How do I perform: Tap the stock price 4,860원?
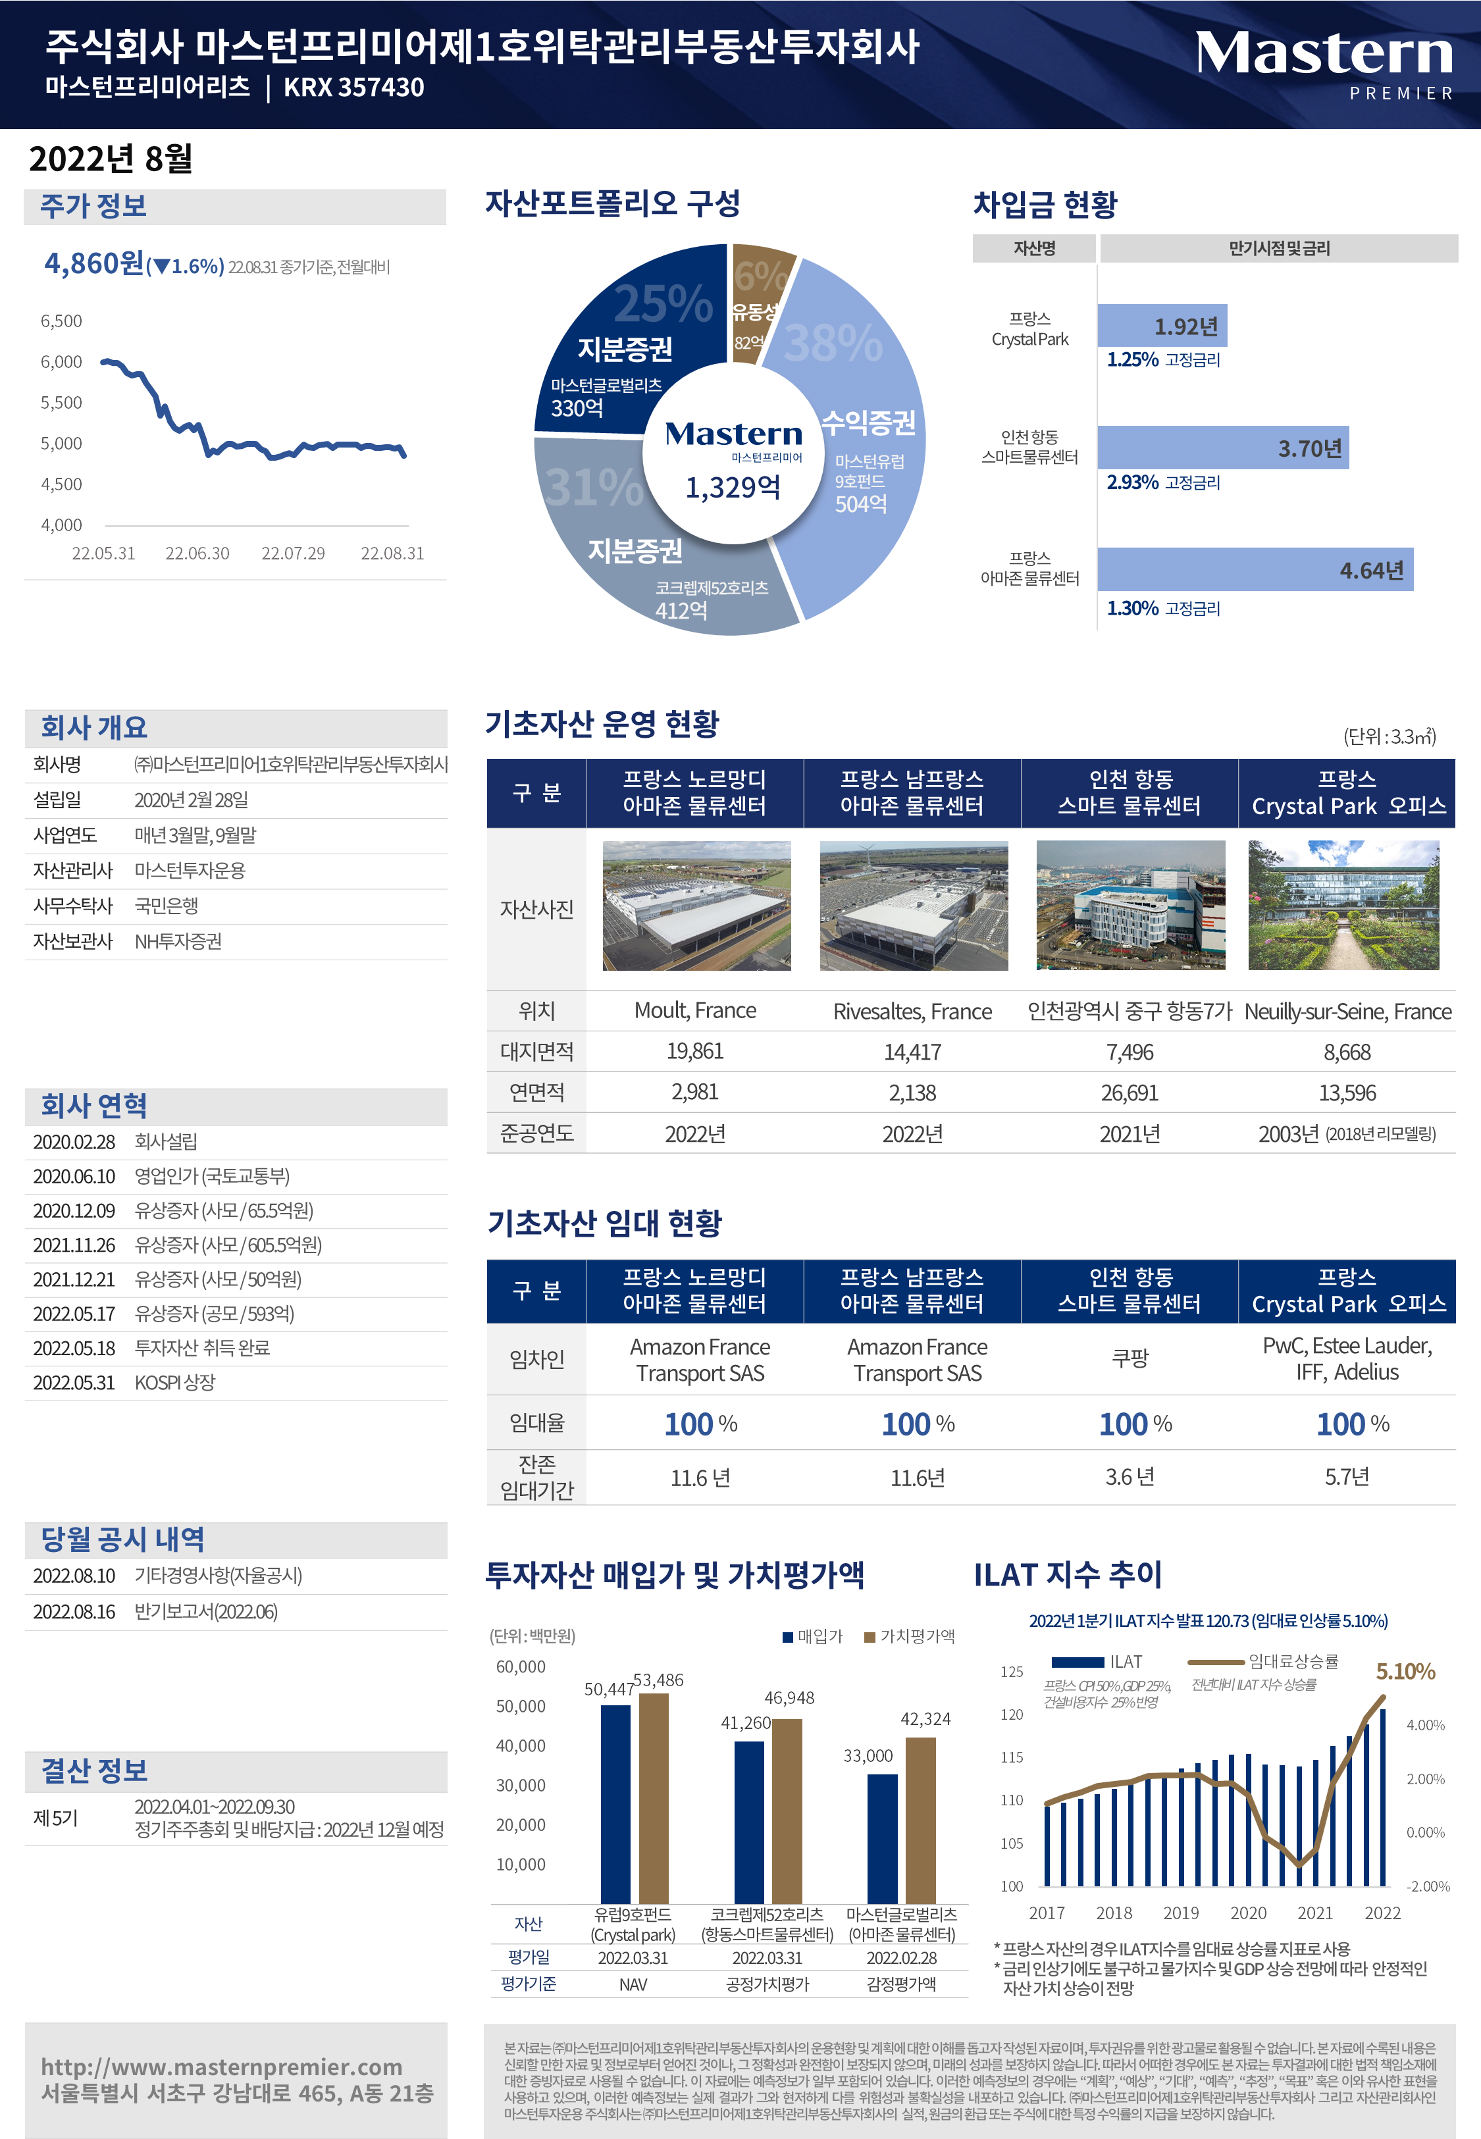point(95,265)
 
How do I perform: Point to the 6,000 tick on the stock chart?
point(61,362)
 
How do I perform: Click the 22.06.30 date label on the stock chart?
point(197,554)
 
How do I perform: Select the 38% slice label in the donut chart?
point(833,343)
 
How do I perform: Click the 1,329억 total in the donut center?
point(733,488)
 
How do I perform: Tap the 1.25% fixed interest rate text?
point(1132,360)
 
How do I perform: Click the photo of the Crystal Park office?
point(1343,906)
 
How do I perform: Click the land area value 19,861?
point(695,1052)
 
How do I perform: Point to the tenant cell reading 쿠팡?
point(1130,1359)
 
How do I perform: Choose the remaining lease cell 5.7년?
point(1347,1477)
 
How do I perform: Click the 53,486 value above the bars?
point(658,1680)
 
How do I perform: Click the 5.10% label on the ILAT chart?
point(1405,1672)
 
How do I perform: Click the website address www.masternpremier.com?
point(222,2067)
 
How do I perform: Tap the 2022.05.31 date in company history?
point(74,1382)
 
